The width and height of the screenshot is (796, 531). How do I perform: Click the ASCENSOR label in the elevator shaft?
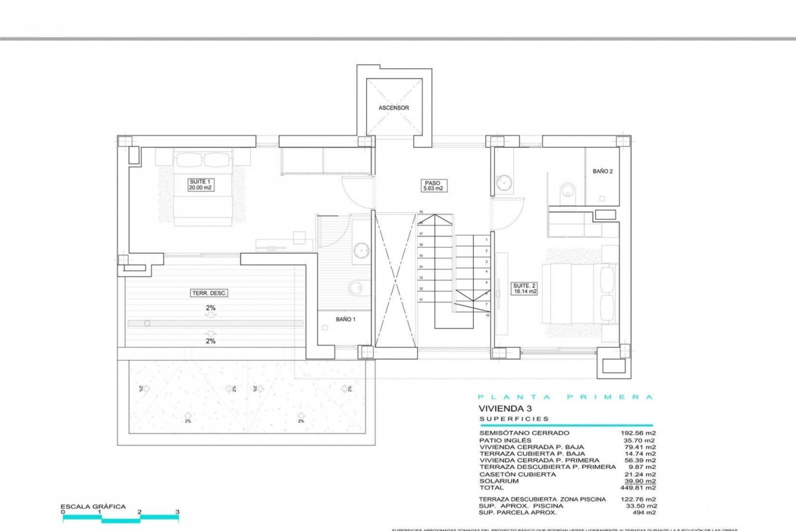coord(393,108)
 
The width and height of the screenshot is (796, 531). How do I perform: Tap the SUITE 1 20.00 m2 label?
coord(201,185)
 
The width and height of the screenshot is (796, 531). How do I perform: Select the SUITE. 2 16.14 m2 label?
coord(524,288)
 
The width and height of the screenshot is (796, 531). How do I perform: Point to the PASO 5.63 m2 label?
coord(432,185)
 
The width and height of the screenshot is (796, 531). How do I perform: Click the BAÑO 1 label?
coord(345,319)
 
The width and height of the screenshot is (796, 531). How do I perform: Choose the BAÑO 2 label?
coord(602,171)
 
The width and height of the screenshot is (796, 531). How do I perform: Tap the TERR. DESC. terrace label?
coord(209,293)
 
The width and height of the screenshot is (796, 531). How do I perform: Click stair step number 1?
coord(487,240)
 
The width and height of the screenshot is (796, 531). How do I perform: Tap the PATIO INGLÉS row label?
coord(505,441)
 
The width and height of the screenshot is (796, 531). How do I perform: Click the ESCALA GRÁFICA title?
coord(93,507)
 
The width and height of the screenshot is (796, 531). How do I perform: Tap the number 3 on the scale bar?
coord(177,512)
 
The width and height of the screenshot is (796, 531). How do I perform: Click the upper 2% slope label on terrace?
coord(210,308)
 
